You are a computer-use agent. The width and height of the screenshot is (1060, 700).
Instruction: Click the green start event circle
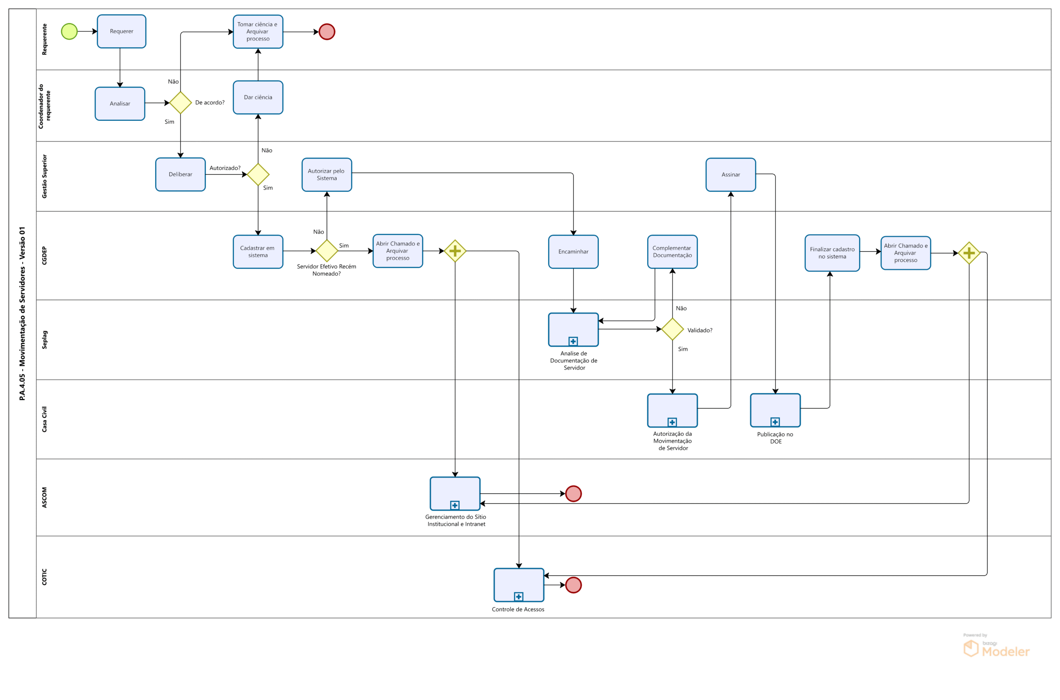point(69,31)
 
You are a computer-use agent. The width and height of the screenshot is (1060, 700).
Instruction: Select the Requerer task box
point(121,31)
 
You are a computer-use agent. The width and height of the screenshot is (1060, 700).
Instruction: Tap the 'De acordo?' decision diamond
point(181,103)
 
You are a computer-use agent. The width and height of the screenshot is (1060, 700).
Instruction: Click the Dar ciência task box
point(258,97)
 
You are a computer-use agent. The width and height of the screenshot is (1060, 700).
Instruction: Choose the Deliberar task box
point(181,174)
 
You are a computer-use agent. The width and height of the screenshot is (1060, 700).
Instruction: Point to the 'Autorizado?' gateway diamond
point(258,174)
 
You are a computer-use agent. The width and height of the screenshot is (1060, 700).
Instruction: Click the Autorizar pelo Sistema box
point(326,175)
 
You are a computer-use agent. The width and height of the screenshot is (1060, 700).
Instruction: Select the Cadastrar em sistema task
point(258,252)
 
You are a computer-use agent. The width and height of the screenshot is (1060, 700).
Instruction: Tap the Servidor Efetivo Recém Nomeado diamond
point(326,251)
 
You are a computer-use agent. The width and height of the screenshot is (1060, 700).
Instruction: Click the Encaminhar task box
point(573,252)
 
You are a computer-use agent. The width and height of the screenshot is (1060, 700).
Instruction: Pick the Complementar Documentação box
point(672,252)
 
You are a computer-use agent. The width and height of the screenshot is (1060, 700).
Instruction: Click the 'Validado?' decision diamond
point(672,329)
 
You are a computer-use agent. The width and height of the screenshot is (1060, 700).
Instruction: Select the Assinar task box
point(730,175)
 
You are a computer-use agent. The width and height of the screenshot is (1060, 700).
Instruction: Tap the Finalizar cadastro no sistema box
point(832,253)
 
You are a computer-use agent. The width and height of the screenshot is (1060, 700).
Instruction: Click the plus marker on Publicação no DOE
point(775,422)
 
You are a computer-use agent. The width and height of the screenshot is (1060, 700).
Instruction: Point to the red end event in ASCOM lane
point(573,493)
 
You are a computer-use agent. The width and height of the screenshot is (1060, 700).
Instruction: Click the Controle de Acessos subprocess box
point(518,585)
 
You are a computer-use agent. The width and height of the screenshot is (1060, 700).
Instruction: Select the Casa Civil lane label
point(44,419)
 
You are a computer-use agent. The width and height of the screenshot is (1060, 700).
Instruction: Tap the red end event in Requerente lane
point(326,32)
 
